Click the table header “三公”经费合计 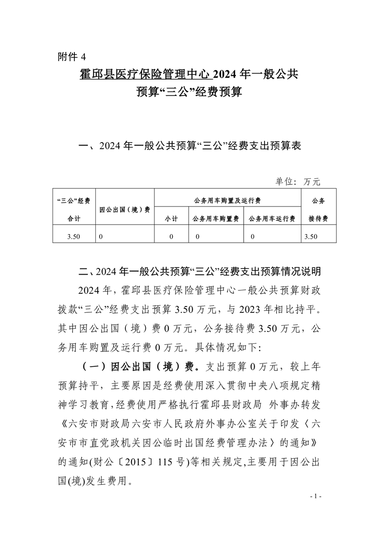[73, 209]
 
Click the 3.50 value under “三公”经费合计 [73, 236]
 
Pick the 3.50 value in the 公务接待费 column [310, 236]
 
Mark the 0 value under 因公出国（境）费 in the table [101, 236]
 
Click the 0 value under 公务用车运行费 [252, 236]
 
